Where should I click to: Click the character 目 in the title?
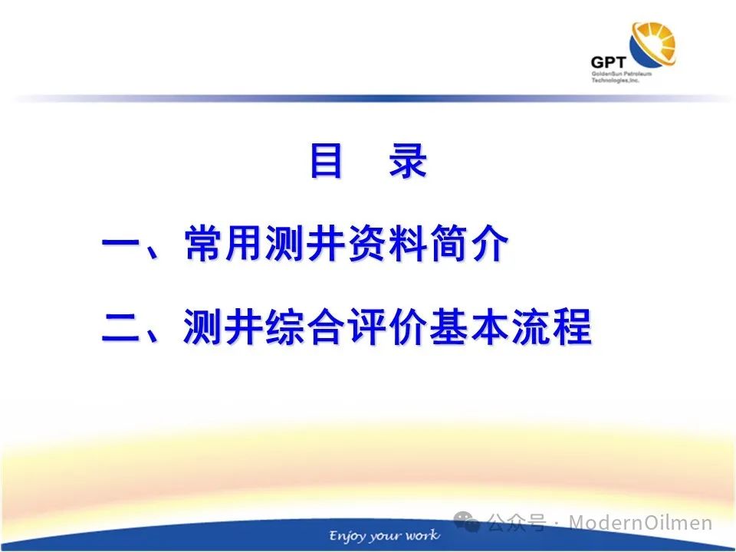pyautogui.click(x=326, y=161)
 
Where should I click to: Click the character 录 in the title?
pyautogui.click(x=407, y=161)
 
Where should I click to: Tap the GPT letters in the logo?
pyautogui.click(x=608, y=62)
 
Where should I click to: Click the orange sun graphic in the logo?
pyautogui.click(x=653, y=44)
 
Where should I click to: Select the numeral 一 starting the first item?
pyautogui.click(x=120, y=244)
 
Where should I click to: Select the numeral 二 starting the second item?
pyautogui.click(x=120, y=327)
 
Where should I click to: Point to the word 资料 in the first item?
pyautogui.click(x=386, y=243)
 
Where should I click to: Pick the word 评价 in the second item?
pyautogui.click(x=386, y=327)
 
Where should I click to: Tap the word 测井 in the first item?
pyautogui.click(x=304, y=243)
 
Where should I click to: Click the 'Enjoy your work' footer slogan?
pyautogui.click(x=384, y=536)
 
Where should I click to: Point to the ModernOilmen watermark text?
pyautogui.click(x=640, y=522)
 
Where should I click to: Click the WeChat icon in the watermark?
pyautogui.click(x=467, y=521)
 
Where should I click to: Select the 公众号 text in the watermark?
pyautogui.click(x=517, y=522)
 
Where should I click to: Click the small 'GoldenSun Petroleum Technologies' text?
pyautogui.click(x=621, y=77)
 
